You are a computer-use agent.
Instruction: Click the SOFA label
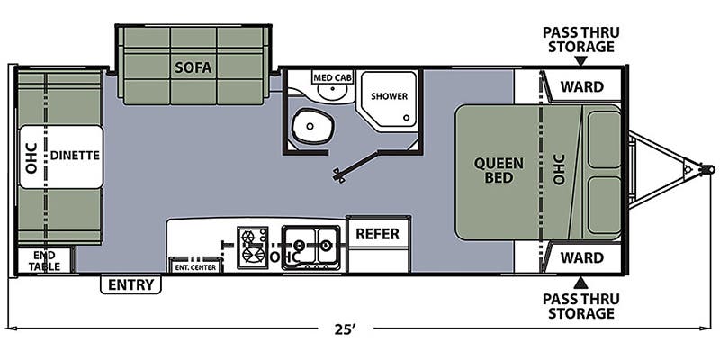point(193,68)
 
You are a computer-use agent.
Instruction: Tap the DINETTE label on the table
point(75,155)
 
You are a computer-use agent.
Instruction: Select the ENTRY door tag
point(130,284)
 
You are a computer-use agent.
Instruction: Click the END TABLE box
point(44,261)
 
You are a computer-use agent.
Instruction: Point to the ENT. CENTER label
point(195,267)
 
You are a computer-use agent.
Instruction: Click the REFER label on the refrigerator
point(378,234)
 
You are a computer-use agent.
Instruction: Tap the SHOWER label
point(390,96)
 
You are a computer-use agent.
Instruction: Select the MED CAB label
point(333,77)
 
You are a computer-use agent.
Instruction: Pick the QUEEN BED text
point(499,170)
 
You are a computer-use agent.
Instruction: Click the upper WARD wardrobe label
point(582,86)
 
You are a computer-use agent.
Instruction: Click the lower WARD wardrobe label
point(582,257)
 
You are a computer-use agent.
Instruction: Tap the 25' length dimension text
point(346,328)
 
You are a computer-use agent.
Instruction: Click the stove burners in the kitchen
point(253,247)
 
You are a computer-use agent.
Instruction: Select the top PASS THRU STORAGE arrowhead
point(580,61)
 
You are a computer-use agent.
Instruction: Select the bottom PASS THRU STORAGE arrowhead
point(580,283)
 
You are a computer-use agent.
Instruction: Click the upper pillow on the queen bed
point(604,139)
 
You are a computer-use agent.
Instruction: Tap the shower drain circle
point(407,118)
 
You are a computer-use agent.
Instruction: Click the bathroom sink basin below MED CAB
point(333,93)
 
